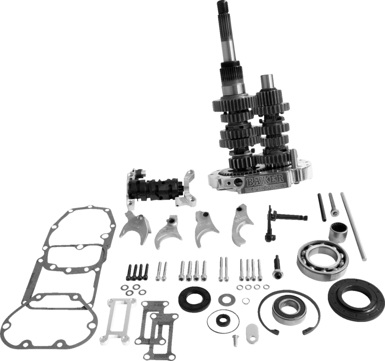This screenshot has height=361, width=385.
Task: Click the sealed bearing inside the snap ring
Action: point(289,310)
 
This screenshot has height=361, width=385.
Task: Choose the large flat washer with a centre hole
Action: point(227,300)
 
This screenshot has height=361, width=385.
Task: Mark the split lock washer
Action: point(245,301)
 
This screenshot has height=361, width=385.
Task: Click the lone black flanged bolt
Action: point(277,265)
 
